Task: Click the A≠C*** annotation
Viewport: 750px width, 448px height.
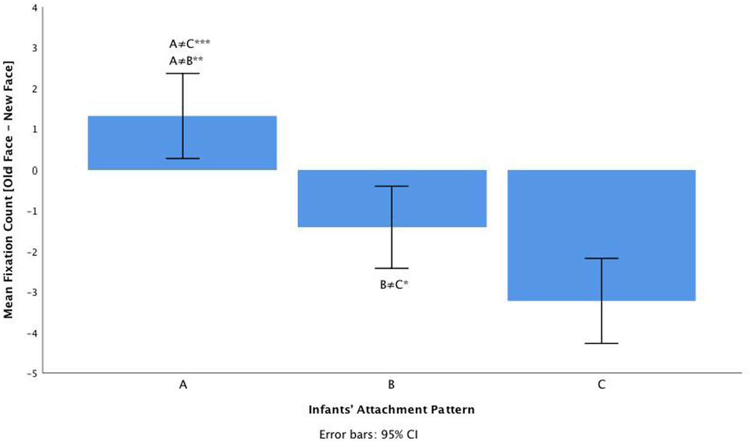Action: click(190, 43)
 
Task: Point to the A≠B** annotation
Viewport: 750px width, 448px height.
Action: click(186, 61)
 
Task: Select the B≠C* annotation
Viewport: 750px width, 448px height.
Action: click(394, 285)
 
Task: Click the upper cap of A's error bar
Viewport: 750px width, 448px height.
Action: click(183, 74)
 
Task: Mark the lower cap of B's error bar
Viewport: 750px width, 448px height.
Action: click(392, 268)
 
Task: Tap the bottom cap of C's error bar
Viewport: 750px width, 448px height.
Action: click(601, 344)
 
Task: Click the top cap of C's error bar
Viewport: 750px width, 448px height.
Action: click(601, 258)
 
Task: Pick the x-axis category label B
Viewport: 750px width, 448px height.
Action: click(391, 385)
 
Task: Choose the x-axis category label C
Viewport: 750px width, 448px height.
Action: click(601, 385)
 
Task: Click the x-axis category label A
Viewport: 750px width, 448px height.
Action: click(183, 385)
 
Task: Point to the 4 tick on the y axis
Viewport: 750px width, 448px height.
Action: click(34, 8)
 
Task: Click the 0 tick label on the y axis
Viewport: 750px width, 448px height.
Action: click(34, 170)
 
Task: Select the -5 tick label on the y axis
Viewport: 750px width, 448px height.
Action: click(32, 373)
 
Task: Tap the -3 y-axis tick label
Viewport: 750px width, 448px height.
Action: click(32, 292)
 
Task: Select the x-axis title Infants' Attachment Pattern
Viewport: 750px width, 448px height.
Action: click(391, 409)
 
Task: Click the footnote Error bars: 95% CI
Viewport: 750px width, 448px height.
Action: click(368, 434)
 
